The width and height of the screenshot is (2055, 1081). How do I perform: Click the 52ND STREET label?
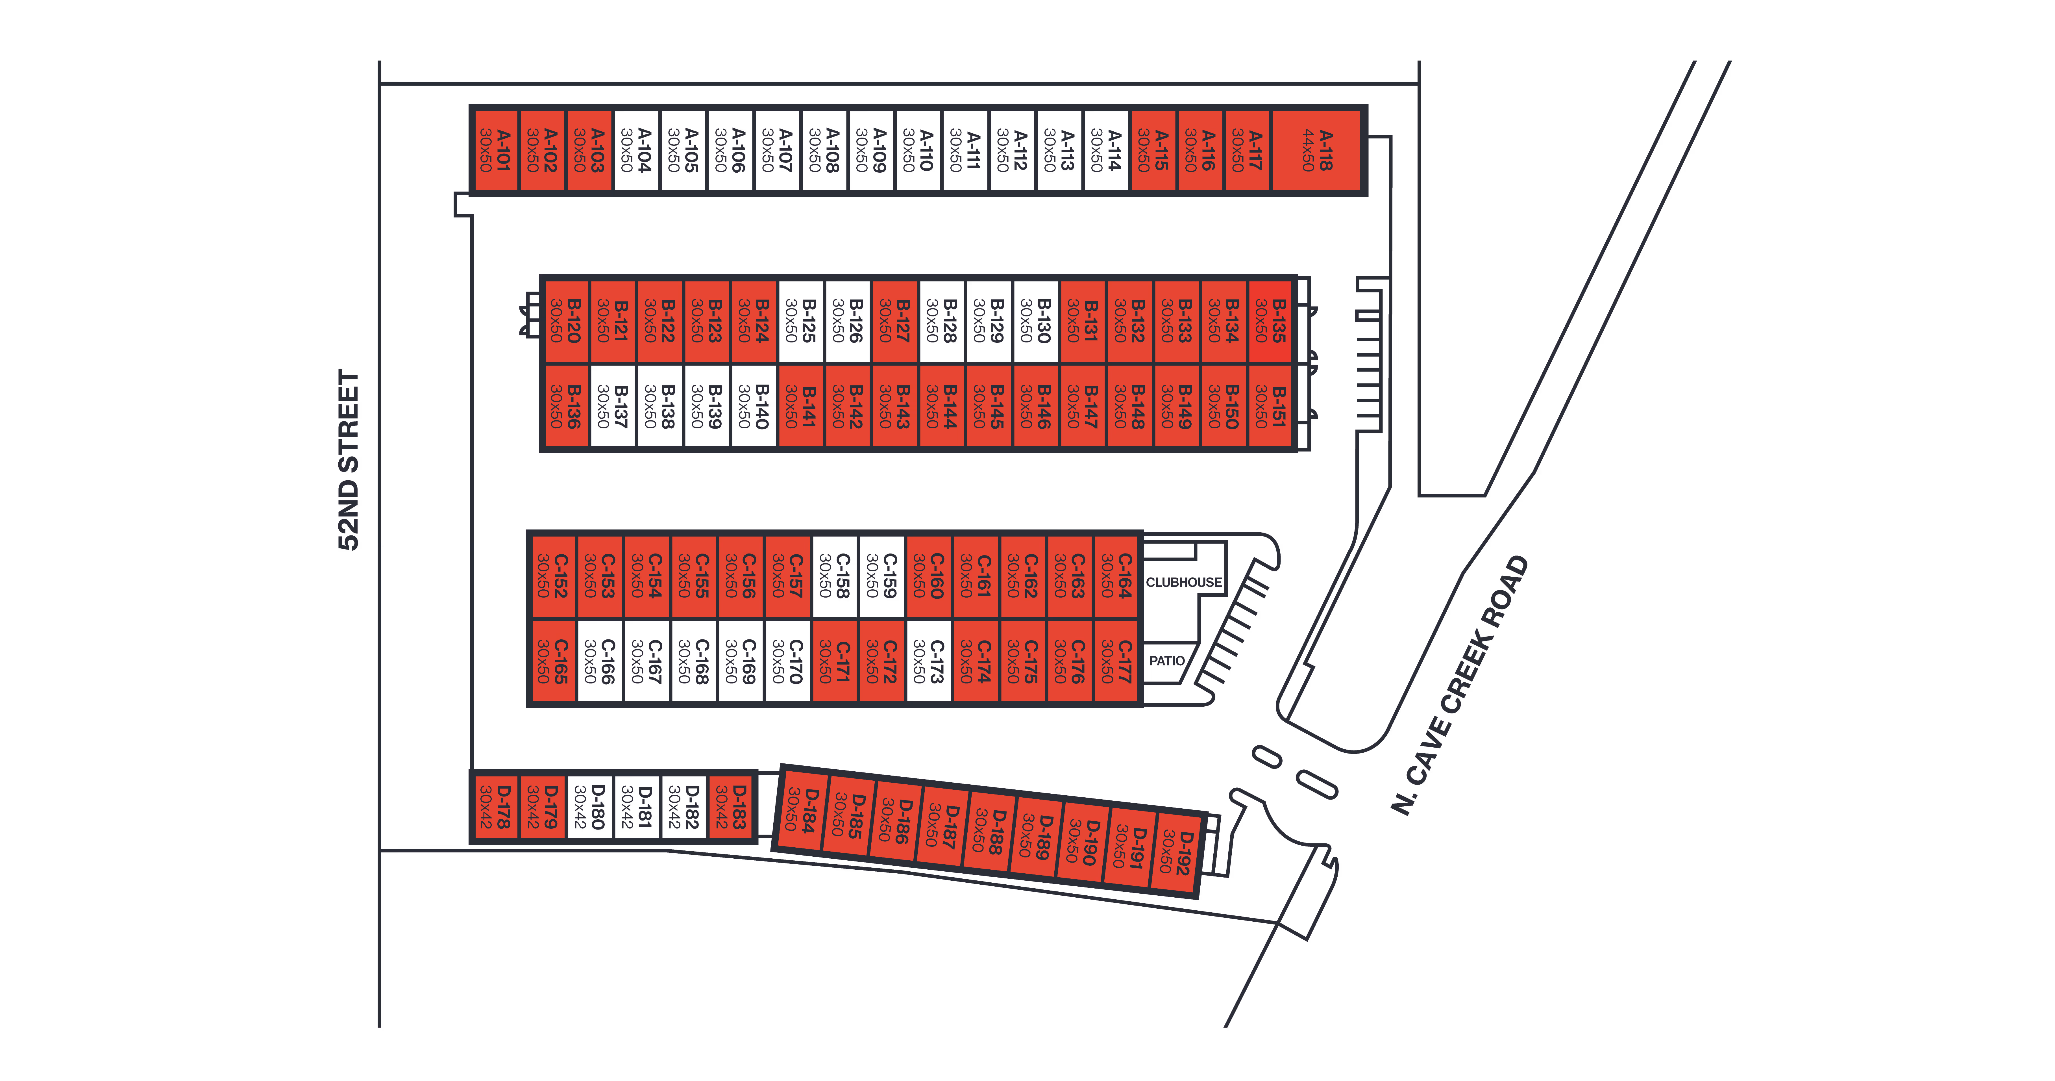[349, 460]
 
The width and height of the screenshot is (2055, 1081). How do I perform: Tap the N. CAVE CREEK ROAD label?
[1460, 685]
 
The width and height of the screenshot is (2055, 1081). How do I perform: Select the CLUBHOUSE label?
[1183, 582]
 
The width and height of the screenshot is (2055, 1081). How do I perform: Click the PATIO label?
[1166, 661]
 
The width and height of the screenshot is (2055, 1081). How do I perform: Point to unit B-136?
[566, 407]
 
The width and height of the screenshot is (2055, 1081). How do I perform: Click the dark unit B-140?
[753, 407]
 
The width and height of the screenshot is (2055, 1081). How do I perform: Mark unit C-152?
[553, 576]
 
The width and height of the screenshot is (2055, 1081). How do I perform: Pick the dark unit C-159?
[881, 576]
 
